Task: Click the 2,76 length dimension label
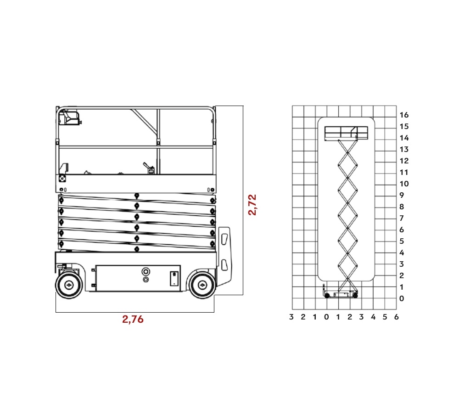(x=133, y=319)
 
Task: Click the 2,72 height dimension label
(x=252, y=205)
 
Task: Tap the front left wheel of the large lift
(x=69, y=285)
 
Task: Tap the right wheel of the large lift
(x=202, y=285)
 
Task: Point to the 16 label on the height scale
(x=404, y=115)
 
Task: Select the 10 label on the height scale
(x=404, y=184)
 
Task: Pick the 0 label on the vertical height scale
(x=402, y=299)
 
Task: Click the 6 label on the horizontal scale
(x=397, y=317)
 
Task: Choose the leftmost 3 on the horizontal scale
(x=291, y=317)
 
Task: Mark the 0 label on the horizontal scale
(x=326, y=317)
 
